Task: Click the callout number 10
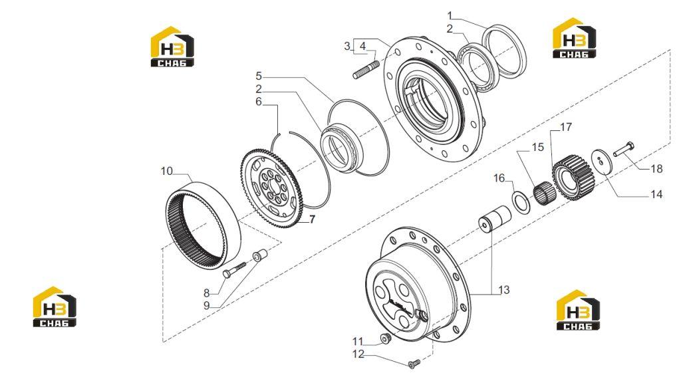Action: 167,171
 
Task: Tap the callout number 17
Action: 566,127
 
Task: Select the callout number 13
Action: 504,289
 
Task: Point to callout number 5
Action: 259,76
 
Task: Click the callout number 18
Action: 656,168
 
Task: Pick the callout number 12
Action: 358,354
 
